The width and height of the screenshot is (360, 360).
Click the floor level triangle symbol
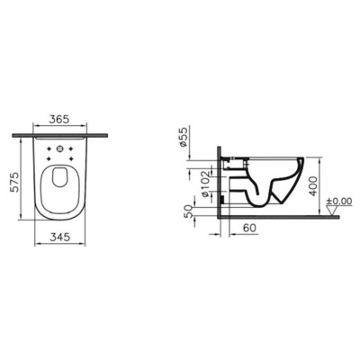pyautogui.click(x=331, y=212)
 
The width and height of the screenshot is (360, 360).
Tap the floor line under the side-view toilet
pyautogui.click(x=270, y=216)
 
